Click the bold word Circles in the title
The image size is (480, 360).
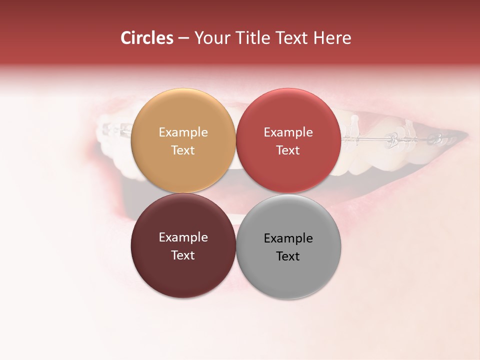tap(147, 38)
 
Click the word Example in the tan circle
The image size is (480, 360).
tap(183, 132)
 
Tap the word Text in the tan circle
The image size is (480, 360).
tap(183, 150)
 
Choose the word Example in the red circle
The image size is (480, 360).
tap(288, 132)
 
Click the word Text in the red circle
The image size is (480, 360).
tap(288, 150)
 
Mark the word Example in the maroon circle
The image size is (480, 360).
tap(183, 237)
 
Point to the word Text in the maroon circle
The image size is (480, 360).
tap(183, 255)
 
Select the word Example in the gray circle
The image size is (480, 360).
tap(288, 238)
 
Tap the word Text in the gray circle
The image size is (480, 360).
tap(288, 256)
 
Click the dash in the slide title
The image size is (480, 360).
tap(183, 38)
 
